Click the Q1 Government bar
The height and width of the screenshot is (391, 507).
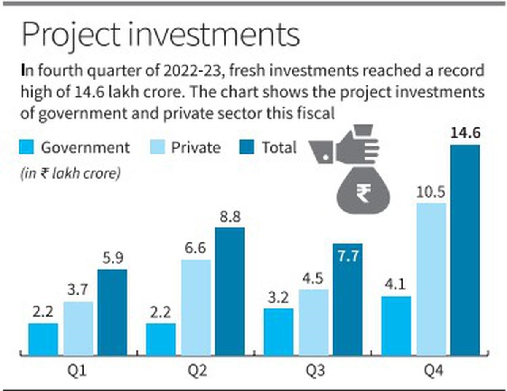coord(43,339)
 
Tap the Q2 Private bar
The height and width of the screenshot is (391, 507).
coord(196,307)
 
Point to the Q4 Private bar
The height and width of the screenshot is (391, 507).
coord(431,279)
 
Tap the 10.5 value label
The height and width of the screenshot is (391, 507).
coord(431,193)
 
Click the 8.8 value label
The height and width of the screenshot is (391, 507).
coord(230,217)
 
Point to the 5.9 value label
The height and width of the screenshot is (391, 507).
coord(112,259)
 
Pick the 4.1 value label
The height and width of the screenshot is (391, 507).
coord(395,286)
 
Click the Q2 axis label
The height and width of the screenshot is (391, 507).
coord(196,372)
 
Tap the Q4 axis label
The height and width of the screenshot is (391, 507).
coord(431,372)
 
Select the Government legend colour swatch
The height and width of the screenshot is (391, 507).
coord(26,148)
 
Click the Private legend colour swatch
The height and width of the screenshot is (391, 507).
coord(157,148)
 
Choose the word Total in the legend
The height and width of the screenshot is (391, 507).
coord(279,148)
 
